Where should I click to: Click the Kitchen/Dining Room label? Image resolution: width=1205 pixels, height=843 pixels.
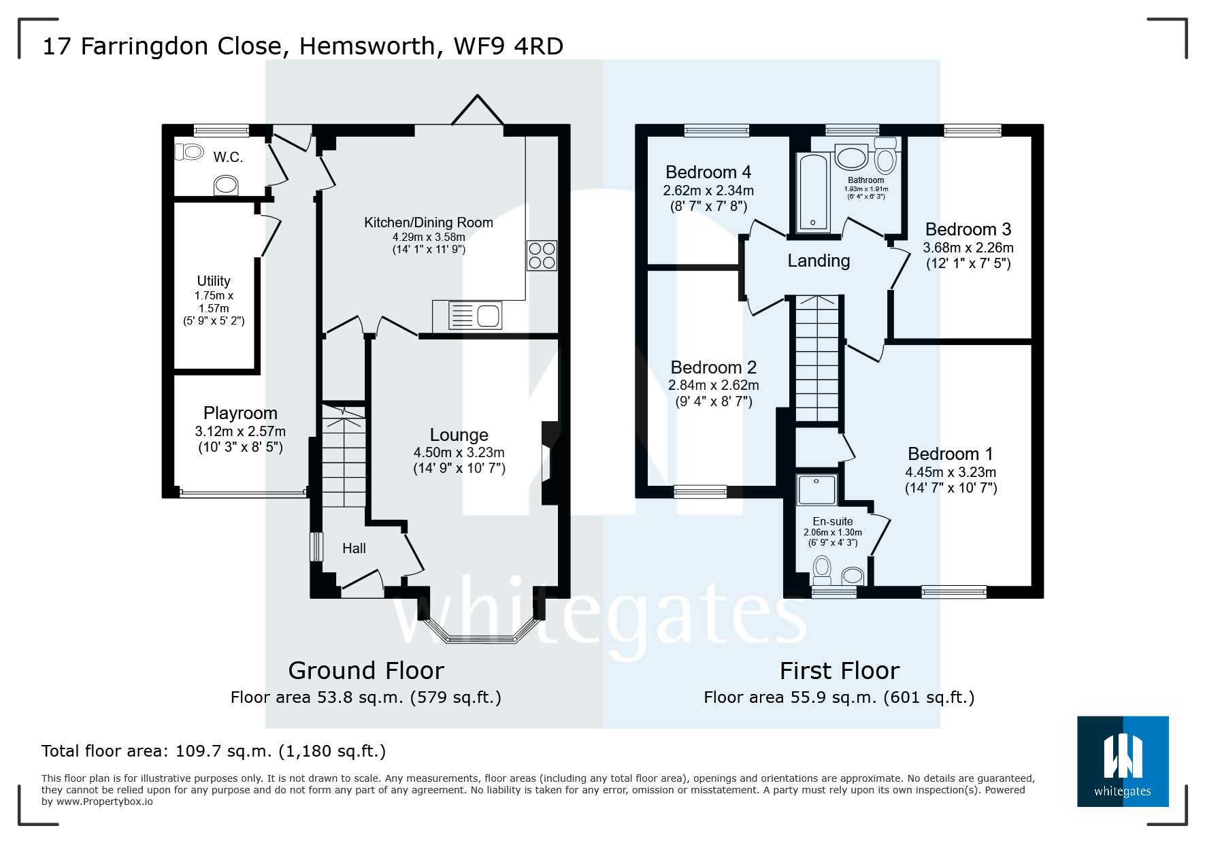click(428, 222)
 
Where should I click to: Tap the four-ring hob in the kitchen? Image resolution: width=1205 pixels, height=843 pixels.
click(542, 256)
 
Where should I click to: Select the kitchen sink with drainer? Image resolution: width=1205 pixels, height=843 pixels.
click(476, 316)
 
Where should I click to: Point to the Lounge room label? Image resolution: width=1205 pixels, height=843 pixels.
click(459, 435)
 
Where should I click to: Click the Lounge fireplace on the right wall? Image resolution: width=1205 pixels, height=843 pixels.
click(548, 463)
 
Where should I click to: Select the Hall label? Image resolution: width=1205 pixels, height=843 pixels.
click(354, 548)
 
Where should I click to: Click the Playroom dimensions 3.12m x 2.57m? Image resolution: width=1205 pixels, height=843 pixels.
click(240, 431)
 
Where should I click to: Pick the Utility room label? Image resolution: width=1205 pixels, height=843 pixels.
click(214, 281)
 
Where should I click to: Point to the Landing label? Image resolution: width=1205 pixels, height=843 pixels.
click(819, 261)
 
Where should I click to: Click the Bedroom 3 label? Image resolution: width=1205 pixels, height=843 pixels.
click(968, 229)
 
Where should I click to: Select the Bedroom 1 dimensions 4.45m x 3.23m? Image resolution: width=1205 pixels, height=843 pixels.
click(950, 472)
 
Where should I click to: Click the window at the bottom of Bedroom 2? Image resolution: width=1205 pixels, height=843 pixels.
click(700, 491)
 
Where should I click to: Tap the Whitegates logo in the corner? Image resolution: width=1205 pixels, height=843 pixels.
click(1122, 761)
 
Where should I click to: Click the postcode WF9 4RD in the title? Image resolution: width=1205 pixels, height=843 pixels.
click(508, 46)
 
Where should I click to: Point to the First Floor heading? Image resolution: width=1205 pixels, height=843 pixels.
click(839, 671)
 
